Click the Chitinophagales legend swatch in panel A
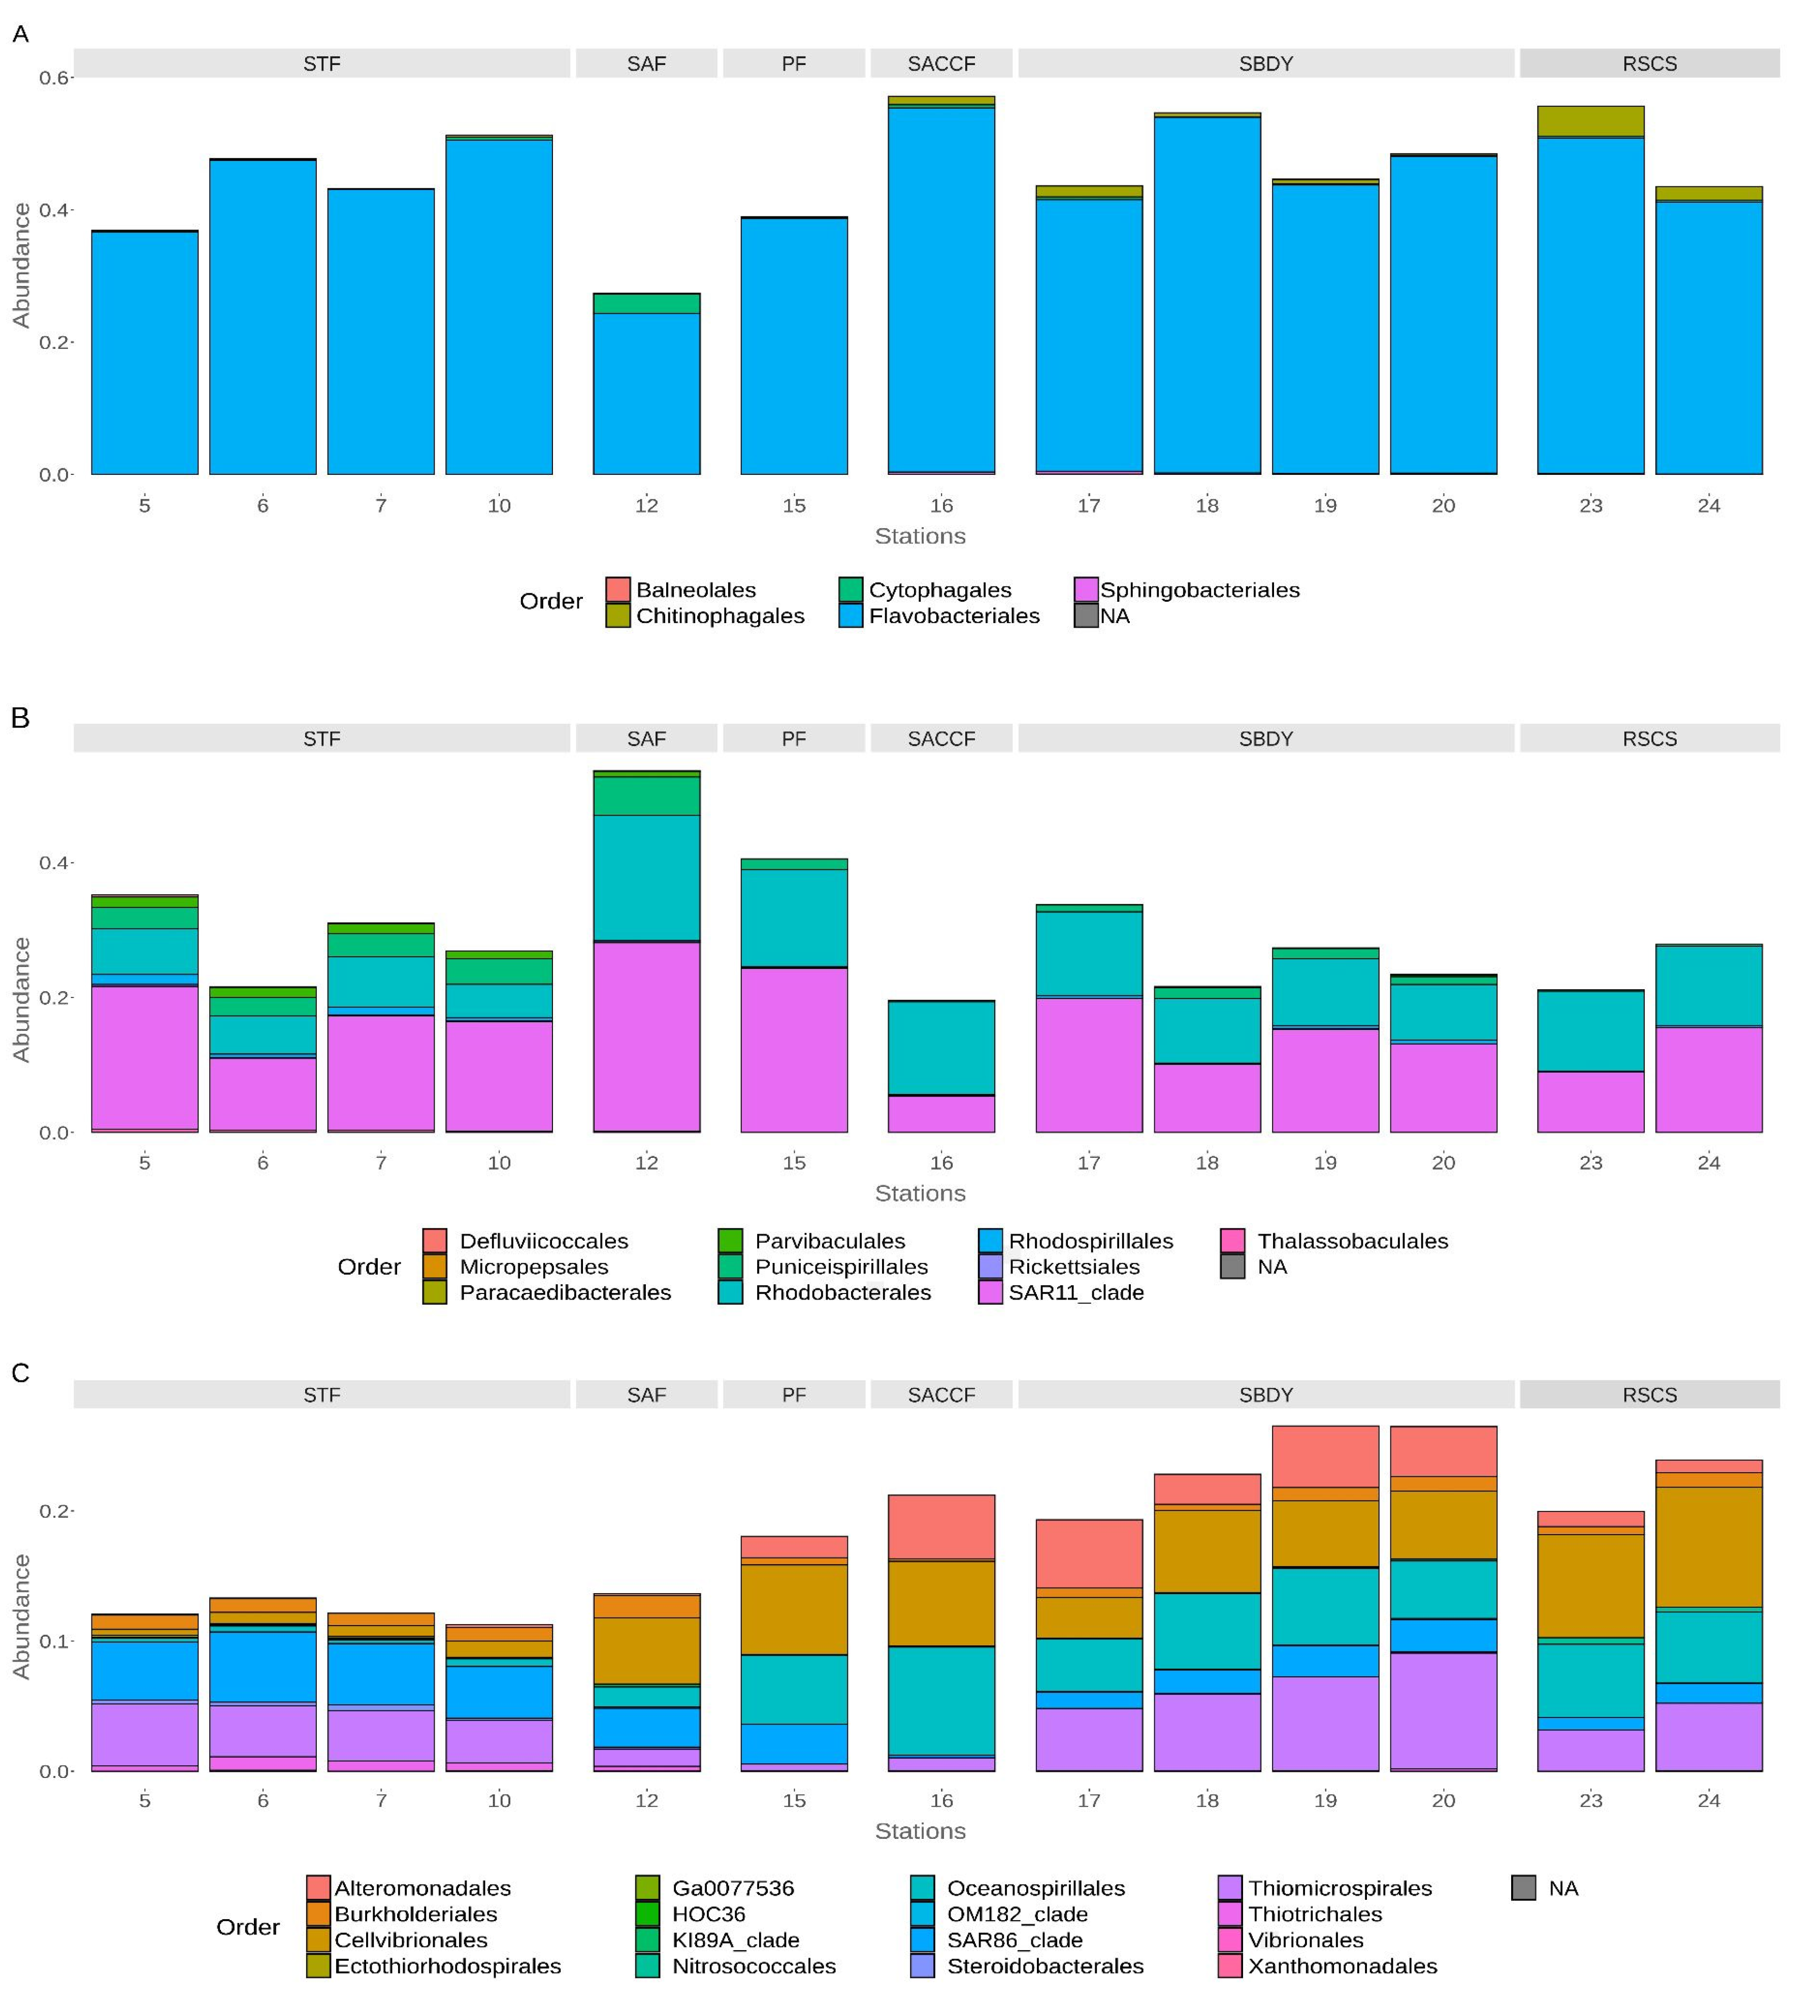(x=617, y=616)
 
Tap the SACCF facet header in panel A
(x=941, y=64)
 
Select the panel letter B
(x=20, y=719)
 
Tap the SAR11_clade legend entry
(x=1075, y=1292)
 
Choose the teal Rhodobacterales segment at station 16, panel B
(x=941, y=1047)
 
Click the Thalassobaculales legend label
(x=1352, y=1241)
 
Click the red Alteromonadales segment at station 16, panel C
(x=941, y=1527)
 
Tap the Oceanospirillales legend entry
(x=1035, y=1888)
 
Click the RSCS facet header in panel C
(x=1649, y=1395)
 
